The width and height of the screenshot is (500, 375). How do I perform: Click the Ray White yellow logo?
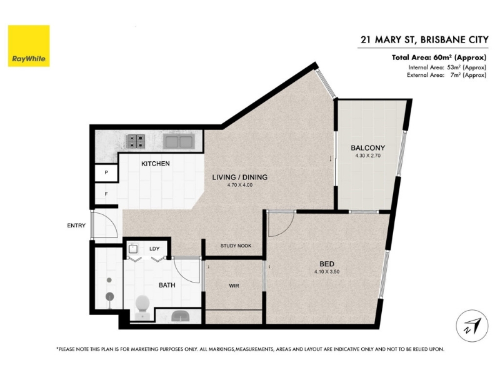[x=29, y=46]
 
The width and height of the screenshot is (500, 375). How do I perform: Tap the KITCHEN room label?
[x=156, y=164]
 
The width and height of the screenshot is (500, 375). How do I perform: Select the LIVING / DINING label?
[x=240, y=177]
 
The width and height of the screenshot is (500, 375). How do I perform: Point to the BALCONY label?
[x=368, y=148]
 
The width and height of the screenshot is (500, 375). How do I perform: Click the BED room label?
[x=327, y=264]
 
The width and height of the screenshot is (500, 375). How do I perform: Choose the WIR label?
[x=234, y=286]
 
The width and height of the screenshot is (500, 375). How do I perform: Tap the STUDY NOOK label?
[x=236, y=246]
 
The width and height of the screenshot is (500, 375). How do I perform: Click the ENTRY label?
[x=76, y=226]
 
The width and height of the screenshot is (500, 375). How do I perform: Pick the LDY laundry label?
[x=154, y=249]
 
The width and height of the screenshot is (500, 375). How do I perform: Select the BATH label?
[x=167, y=285]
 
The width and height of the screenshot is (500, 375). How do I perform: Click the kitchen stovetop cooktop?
[x=136, y=141]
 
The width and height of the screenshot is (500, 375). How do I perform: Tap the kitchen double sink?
[x=179, y=142]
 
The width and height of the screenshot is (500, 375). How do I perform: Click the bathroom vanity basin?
[x=181, y=316]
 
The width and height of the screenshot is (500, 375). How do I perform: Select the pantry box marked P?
[x=106, y=173]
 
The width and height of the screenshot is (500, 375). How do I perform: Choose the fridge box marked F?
[x=106, y=194]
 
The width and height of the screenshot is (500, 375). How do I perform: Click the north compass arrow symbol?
[x=472, y=326]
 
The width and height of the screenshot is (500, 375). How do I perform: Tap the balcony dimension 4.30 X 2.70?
[x=368, y=156]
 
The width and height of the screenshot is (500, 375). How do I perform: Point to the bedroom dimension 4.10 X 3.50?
[x=327, y=272]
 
